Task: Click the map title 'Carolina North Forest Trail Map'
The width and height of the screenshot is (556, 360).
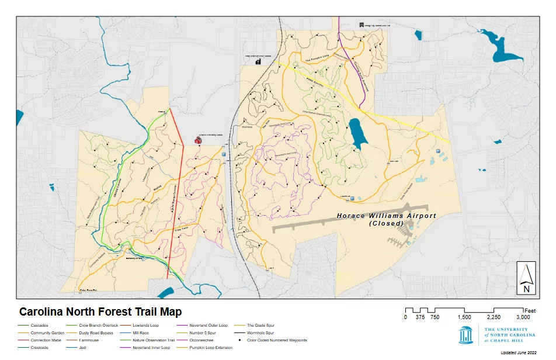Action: click(x=100, y=312)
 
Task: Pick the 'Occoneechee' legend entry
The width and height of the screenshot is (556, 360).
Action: click(x=201, y=340)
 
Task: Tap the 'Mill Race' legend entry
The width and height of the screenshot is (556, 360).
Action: click(x=142, y=333)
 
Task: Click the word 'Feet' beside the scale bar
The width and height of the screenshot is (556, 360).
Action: click(x=530, y=310)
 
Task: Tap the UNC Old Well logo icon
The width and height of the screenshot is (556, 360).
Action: click(x=465, y=336)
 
